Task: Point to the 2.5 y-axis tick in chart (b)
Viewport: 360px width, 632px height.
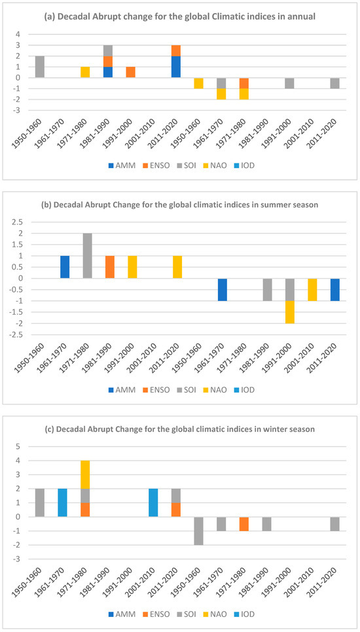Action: coord(20,222)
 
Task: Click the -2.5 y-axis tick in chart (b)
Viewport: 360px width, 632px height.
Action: coord(19,334)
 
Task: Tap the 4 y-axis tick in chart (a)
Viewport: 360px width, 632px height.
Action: coord(24,34)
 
